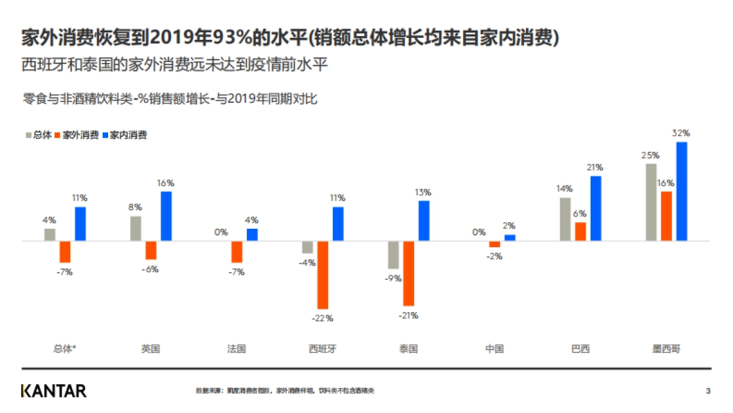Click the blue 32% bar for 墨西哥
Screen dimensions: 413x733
coord(681,192)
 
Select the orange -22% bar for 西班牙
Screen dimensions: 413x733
coord(323,275)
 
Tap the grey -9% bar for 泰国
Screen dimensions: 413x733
coord(393,255)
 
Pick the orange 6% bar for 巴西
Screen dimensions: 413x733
coord(580,231)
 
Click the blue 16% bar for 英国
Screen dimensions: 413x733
coord(166,216)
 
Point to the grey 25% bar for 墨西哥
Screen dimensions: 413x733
coord(651,202)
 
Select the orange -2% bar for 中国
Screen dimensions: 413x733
coord(494,244)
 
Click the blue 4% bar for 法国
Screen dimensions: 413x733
coord(252,234)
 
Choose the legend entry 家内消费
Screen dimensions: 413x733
coord(128,135)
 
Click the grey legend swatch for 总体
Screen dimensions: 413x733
coord(29,135)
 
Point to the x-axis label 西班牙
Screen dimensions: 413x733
coord(323,349)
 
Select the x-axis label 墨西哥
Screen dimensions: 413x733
coord(666,349)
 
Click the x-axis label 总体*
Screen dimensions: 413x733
coord(65,349)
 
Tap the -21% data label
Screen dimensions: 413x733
coord(409,316)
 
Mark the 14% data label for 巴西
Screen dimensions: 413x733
coord(564,188)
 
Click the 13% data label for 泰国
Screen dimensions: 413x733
coord(424,192)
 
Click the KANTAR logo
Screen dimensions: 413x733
coord(54,390)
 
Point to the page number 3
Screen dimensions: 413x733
coord(708,390)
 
